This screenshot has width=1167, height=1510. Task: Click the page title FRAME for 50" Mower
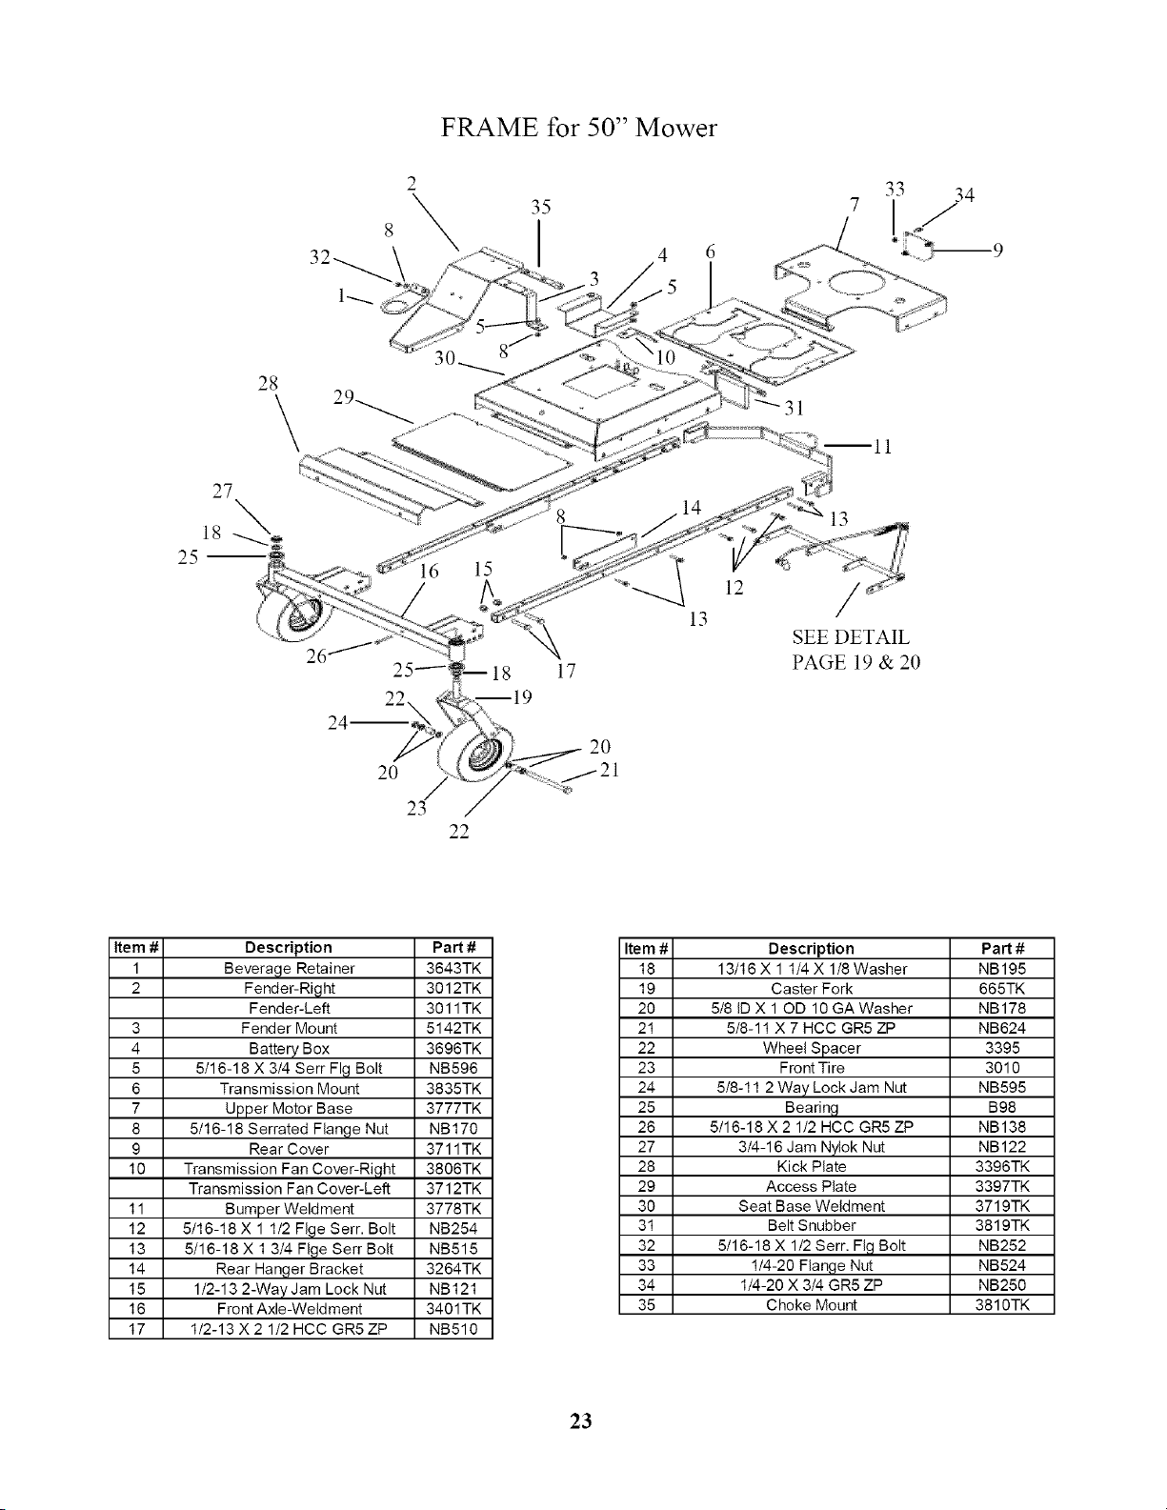[578, 128]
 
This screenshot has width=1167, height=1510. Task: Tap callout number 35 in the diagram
[541, 207]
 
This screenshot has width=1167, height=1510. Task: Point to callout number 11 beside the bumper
[882, 447]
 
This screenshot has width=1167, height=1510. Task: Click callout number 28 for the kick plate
[268, 384]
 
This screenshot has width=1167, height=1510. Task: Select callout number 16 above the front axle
[430, 572]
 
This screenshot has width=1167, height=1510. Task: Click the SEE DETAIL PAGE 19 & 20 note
[855, 650]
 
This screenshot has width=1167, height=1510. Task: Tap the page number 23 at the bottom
[581, 1421]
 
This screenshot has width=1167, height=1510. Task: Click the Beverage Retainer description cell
[289, 968]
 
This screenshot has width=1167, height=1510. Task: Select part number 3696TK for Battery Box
[453, 1048]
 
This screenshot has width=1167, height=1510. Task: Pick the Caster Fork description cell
[812, 988]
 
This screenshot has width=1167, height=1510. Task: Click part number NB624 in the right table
[1001, 1028]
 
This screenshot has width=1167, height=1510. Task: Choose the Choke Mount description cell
[812, 1304]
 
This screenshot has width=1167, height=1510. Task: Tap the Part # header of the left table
[453, 947]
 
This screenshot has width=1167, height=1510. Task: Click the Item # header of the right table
[646, 949]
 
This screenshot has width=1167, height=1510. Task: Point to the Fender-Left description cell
[289, 1008]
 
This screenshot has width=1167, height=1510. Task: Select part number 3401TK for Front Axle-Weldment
[453, 1308]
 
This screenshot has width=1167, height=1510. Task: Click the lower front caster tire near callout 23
[476, 754]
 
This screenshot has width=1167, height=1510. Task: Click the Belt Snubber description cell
[812, 1225]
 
